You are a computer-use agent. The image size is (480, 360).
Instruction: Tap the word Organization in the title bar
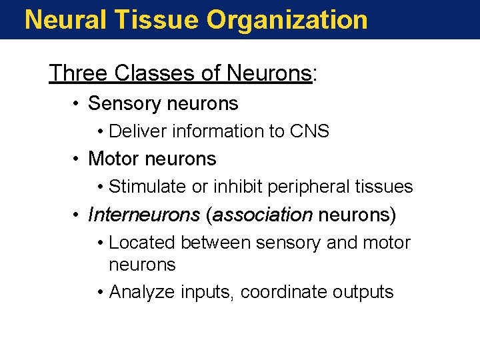pyautogui.click(x=287, y=19)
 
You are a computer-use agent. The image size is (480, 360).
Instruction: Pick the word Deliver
pyautogui.click(x=138, y=131)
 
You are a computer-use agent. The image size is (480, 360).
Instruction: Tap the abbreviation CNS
pyautogui.click(x=309, y=131)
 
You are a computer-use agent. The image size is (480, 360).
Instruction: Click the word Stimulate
pyautogui.click(x=148, y=187)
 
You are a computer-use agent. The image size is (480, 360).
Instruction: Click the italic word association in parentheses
pyautogui.click(x=263, y=215)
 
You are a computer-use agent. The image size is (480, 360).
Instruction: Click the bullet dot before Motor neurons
pyautogui.click(x=77, y=159)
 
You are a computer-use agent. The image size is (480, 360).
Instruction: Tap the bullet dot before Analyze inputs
pyautogui.click(x=99, y=292)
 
